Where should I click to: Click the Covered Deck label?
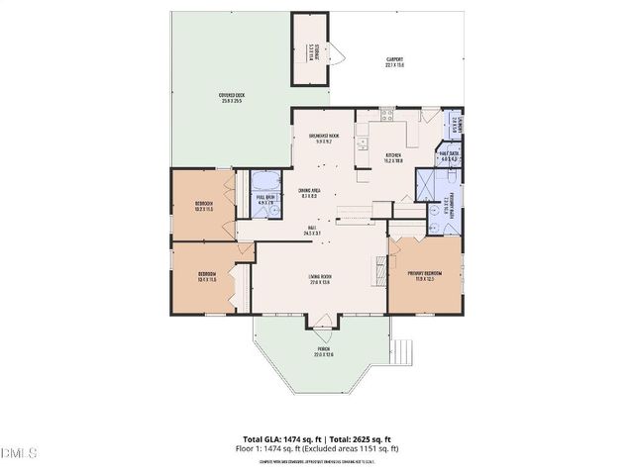pyautogui.click(x=232, y=98)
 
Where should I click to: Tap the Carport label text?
pyautogui.click(x=394, y=62)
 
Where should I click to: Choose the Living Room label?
pyautogui.click(x=319, y=279)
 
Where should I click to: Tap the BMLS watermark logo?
pyautogui.click(x=19, y=453)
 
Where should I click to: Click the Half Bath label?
pyautogui.click(x=448, y=154)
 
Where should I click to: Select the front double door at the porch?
pyautogui.click(x=323, y=320)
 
